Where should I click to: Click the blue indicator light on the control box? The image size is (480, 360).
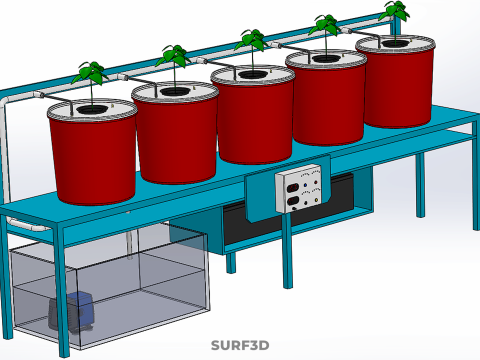coord(305,185)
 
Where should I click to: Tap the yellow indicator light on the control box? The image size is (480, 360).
coord(316,201)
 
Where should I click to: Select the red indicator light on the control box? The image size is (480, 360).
coord(315,183)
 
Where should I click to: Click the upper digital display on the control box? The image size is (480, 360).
coord(292,188)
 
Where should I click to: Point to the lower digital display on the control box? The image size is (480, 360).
coord(292,201)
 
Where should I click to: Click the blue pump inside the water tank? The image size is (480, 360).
coord(71,312)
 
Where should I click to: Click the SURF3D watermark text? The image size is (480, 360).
coord(240,345)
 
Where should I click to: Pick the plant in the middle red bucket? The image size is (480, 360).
coord(252,48)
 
